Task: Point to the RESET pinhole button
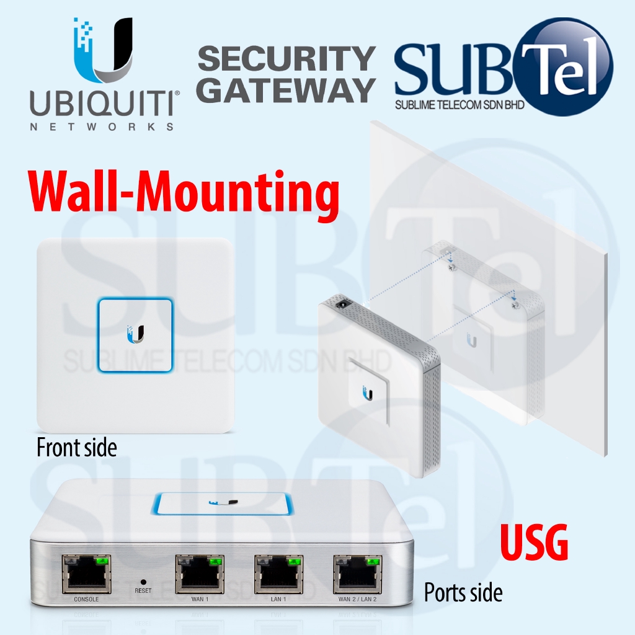(143, 582)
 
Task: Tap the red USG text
(535, 544)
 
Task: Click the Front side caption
(76, 447)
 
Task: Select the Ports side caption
(463, 593)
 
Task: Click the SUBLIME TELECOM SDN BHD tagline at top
(460, 105)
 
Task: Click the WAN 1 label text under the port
(200, 599)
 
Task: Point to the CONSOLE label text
(86, 599)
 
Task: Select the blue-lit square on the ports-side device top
(221, 504)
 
